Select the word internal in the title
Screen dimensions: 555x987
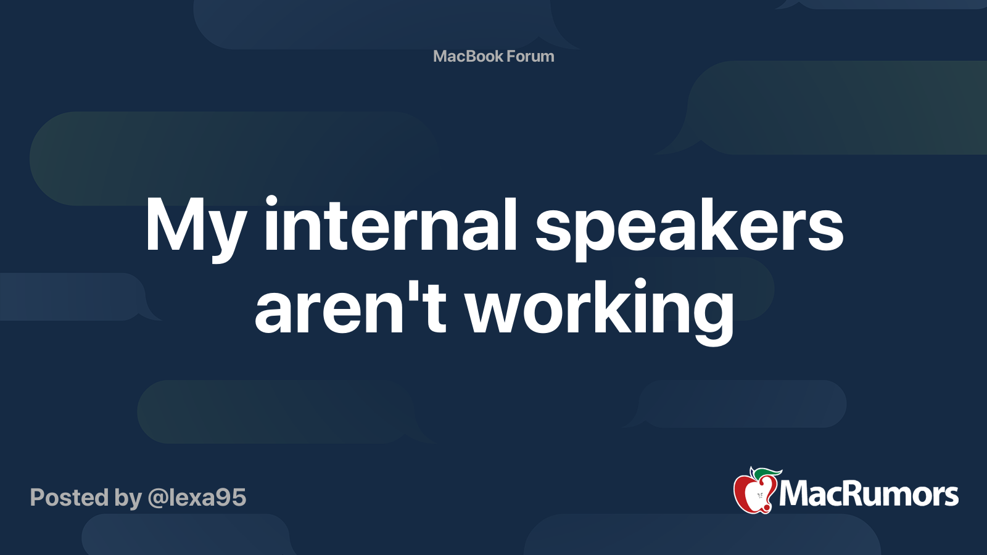pos(390,224)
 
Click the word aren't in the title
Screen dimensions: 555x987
pos(350,307)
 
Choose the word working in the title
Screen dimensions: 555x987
pos(600,308)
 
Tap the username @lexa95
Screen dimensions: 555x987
pos(197,498)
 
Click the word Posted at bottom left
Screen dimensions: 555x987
pos(69,498)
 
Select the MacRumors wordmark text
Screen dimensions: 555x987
pos(869,495)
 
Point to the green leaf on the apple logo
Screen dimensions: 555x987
pos(767,473)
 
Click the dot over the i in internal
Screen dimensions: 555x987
pos(271,202)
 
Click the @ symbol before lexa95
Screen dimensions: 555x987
pos(158,498)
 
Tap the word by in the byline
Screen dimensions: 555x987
pos(128,498)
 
